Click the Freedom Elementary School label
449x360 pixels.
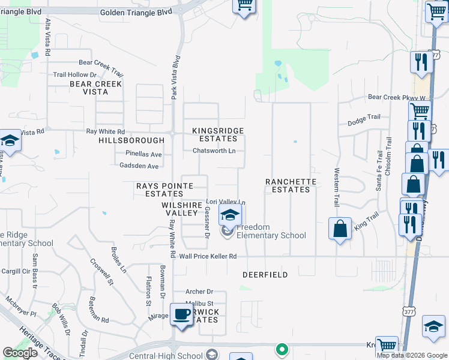(271, 231)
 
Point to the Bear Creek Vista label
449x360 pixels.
(96, 88)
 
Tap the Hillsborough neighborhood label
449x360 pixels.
(122, 140)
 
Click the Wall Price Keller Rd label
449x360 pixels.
(208, 257)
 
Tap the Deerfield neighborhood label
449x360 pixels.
(265, 275)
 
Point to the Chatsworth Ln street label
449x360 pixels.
(218, 151)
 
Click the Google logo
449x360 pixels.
(20, 352)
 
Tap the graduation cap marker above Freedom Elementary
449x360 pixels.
(229, 214)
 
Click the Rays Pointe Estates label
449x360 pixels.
(160, 190)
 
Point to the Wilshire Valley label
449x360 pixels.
(180, 209)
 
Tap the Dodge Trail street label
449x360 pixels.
(364, 122)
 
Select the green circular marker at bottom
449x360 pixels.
(282, 349)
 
